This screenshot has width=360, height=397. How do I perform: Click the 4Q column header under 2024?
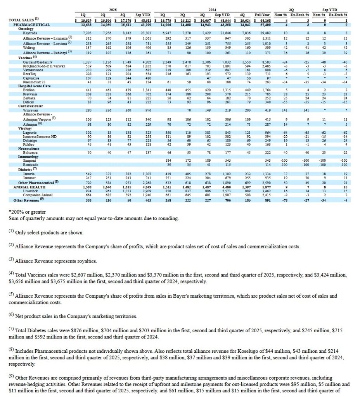click(244, 14)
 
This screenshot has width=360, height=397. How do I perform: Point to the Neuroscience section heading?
click(29, 148)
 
